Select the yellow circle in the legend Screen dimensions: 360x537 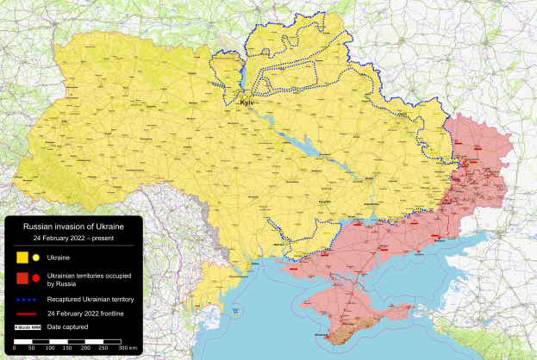coord(35,257)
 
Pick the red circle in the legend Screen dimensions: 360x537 coord(35,277)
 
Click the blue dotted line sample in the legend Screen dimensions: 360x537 coord(28,297)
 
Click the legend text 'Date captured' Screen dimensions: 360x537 coord(68,327)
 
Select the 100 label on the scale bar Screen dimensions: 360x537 coord(51,347)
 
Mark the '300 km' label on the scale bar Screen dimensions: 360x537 coord(127,347)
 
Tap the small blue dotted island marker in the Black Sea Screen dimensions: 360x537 coord(232,309)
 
